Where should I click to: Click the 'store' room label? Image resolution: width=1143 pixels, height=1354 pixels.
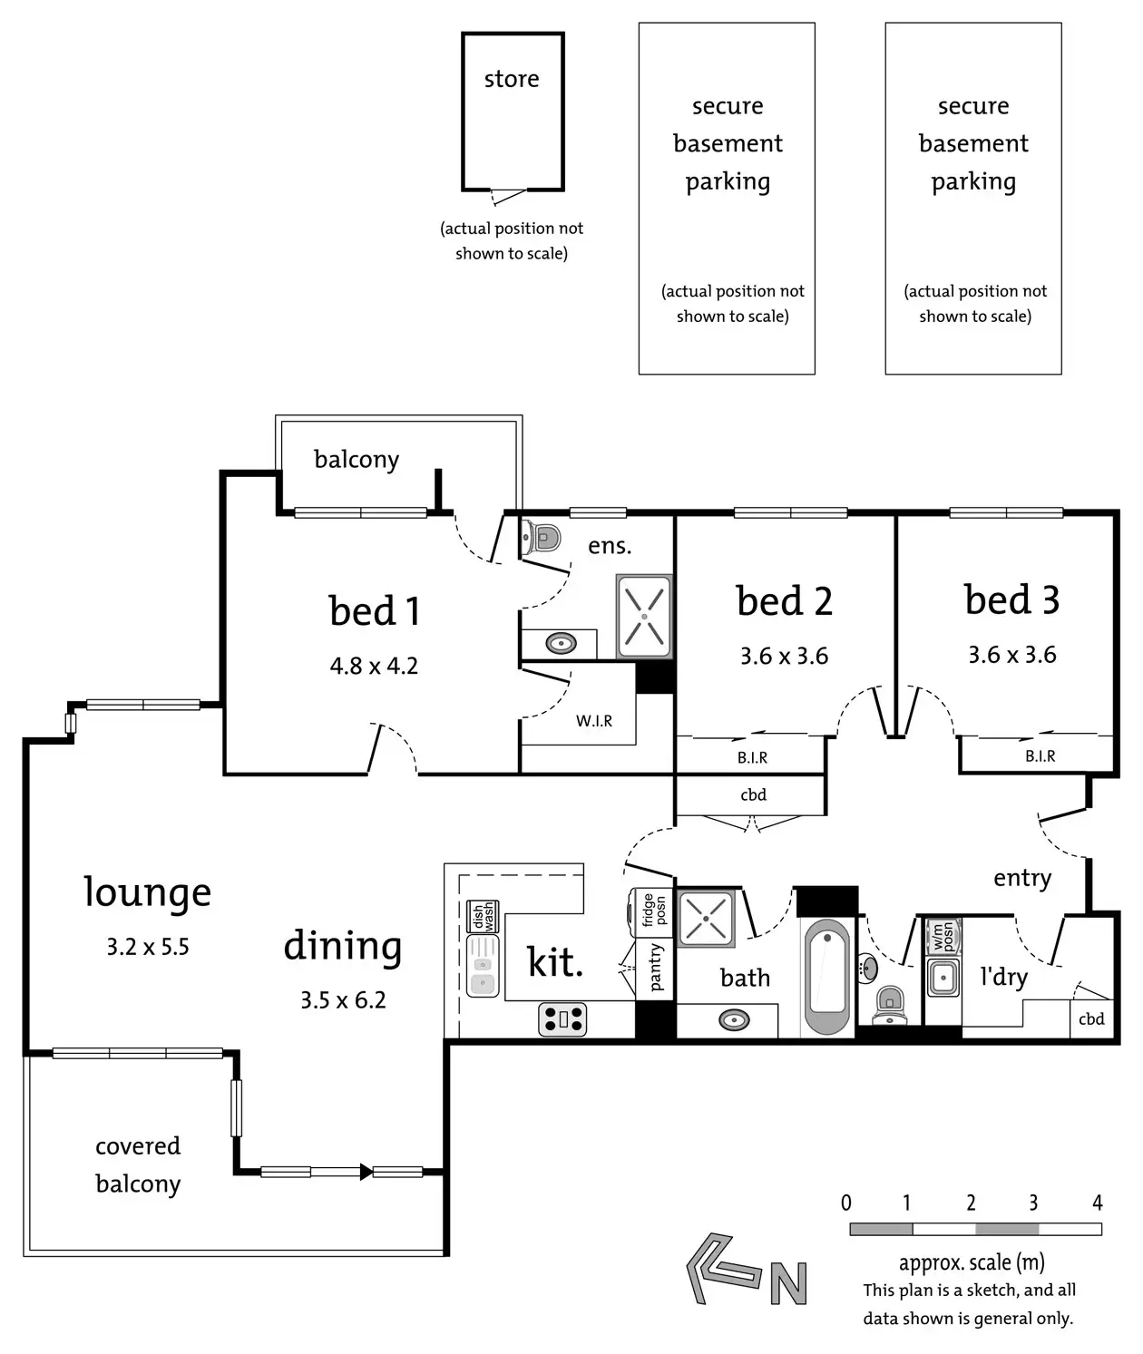pyautogui.click(x=512, y=80)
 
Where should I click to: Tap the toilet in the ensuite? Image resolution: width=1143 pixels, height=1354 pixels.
pyautogui.click(x=542, y=538)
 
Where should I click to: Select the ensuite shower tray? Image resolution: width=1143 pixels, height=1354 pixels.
pyautogui.click(x=644, y=617)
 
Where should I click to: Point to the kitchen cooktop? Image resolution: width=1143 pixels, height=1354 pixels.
pyautogui.click(x=562, y=1019)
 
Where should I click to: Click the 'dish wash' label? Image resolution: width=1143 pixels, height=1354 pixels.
pyautogui.click(x=483, y=916)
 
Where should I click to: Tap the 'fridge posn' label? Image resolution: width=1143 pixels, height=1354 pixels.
pyautogui.click(x=654, y=910)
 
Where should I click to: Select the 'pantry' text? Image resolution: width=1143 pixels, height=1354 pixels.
pyautogui.click(x=656, y=968)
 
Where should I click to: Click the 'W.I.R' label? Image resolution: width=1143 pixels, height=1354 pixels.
pyautogui.click(x=594, y=721)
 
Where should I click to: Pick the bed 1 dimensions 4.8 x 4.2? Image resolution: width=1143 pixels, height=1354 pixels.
pyautogui.click(x=374, y=667)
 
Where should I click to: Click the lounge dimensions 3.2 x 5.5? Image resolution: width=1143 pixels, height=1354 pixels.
pyautogui.click(x=148, y=948)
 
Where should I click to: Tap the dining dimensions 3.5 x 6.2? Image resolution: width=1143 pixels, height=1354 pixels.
pyautogui.click(x=343, y=1000)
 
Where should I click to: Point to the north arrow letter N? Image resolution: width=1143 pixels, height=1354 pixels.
pyautogui.click(x=788, y=1283)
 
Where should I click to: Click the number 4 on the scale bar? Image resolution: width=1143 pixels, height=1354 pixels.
pyautogui.click(x=1097, y=1203)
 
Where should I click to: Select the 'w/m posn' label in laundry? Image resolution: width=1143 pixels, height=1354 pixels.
pyautogui.click(x=943, y=935)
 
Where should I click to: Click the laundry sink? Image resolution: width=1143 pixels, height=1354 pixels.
pyautogui.click(x=943, y=978)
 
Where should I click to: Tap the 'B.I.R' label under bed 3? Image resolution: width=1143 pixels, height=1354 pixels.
pyautogui.click(x=1040, y=756)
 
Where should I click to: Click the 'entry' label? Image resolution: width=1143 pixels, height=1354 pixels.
pyautogui.click(x=1022, y=878)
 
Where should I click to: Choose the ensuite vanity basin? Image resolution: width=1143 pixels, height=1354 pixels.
pyautogui.click(x=561, y=644)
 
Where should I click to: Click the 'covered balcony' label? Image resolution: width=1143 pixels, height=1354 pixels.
pyautogui.click(x=138, y=1164)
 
